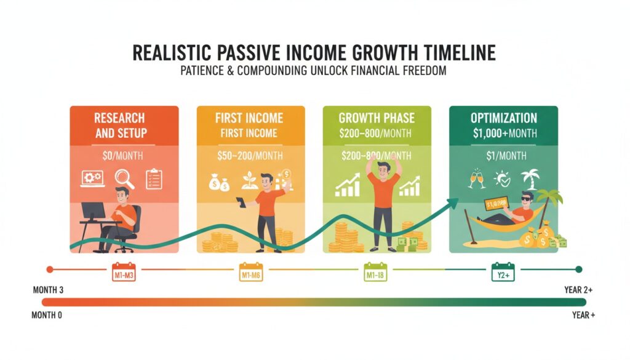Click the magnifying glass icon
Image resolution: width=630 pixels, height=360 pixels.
point(125,179)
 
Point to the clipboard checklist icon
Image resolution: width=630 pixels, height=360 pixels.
point(154,179)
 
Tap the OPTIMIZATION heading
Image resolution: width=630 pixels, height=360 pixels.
point(503,118)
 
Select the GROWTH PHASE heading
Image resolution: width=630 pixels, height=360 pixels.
point(377,118)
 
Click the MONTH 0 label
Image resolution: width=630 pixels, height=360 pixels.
point(48,316)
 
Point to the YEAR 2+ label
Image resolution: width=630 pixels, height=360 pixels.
point(578,289)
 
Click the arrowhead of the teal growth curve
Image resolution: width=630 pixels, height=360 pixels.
point(456,201)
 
